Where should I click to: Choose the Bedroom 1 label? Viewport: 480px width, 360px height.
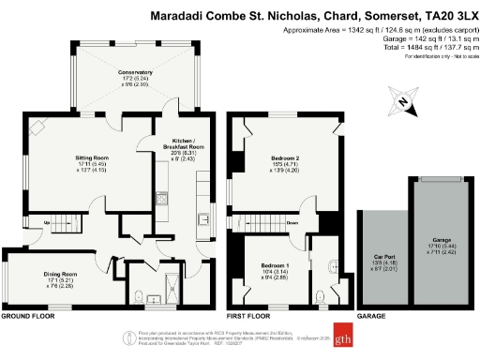point(274,267)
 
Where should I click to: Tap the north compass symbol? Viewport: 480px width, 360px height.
point(401,102)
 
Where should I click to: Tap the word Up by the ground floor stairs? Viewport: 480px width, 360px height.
point(46,223)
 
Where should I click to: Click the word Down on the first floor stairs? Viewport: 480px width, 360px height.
point(292,223)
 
